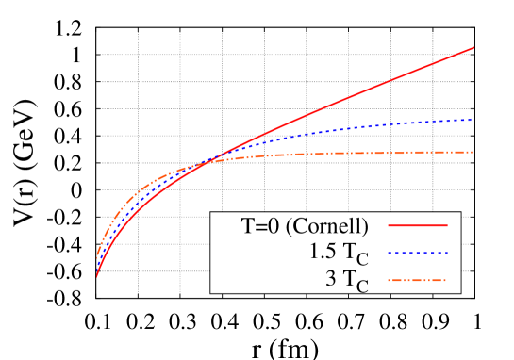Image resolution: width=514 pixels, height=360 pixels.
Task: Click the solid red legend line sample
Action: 417,225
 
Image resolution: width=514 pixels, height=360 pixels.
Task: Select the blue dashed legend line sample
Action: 417,253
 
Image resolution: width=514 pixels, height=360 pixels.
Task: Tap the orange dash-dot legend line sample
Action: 417,280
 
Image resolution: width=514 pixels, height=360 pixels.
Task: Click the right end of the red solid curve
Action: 473,47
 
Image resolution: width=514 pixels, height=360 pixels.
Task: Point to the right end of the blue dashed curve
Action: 472,120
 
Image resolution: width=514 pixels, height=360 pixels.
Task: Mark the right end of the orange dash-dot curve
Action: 472,152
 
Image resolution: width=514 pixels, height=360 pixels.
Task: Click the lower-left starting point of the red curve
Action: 95,277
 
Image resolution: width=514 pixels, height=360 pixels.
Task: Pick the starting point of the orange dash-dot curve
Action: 95,257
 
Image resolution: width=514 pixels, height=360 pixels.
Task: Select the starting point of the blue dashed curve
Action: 95,267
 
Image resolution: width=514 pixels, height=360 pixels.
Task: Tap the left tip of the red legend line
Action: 389,225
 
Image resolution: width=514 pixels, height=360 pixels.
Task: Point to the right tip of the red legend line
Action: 447,225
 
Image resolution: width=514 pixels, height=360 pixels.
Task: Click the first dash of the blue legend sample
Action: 390,253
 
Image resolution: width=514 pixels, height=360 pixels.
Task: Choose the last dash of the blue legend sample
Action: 444,253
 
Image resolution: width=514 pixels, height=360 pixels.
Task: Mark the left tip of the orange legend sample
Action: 389,280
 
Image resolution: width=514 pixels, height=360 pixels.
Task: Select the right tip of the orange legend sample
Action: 445,280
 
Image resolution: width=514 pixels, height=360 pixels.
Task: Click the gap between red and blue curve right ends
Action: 472,84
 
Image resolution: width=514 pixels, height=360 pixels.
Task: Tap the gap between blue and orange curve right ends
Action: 472,136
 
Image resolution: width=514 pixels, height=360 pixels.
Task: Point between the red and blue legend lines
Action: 417,239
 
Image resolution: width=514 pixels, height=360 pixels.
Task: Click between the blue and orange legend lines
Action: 417,267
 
